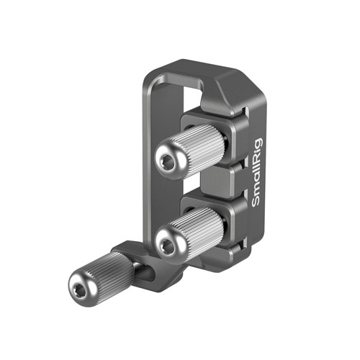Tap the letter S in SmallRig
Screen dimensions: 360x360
(258, 204)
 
